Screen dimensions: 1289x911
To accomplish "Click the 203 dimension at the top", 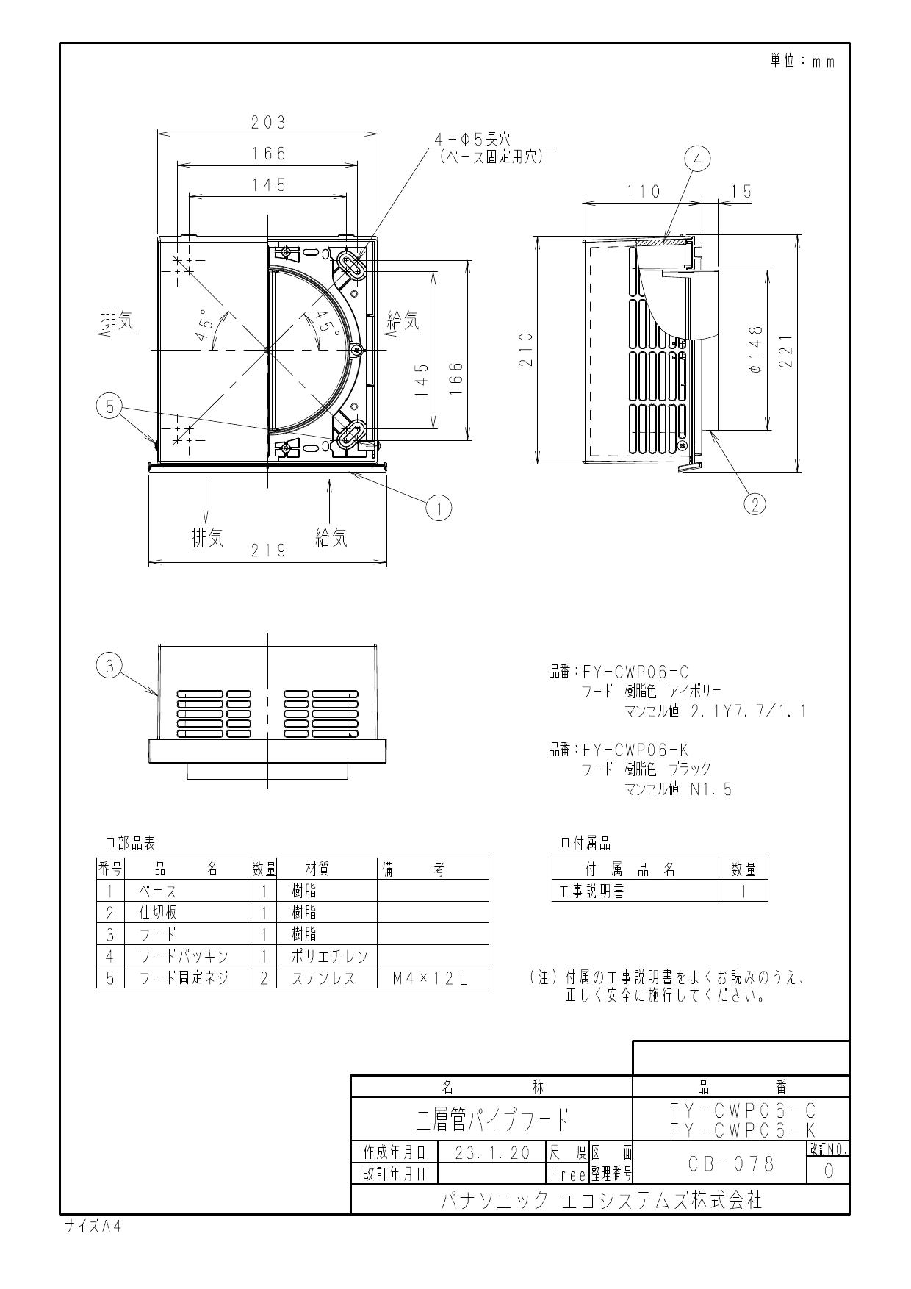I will coord(268,123).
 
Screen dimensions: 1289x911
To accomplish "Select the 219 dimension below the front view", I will coord(268,551).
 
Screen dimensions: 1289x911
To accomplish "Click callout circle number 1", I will coord(439,508).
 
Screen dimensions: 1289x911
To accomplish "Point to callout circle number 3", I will coord(109,666).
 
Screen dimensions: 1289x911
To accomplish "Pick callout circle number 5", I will coord(109,406).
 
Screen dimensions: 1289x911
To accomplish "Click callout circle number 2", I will coord(755,503).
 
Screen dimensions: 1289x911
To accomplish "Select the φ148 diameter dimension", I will coord(756,351).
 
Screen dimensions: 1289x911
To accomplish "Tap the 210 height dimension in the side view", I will coord(525,351).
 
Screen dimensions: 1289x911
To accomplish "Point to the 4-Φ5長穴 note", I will coord(472,138).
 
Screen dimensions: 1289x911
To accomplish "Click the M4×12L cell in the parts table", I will coord(432,978).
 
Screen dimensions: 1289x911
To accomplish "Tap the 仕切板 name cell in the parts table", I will coord(159,913).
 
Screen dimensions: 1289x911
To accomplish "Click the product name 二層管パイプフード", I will coord(491,1119).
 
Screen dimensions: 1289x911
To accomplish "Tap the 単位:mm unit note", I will coord(802,61).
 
